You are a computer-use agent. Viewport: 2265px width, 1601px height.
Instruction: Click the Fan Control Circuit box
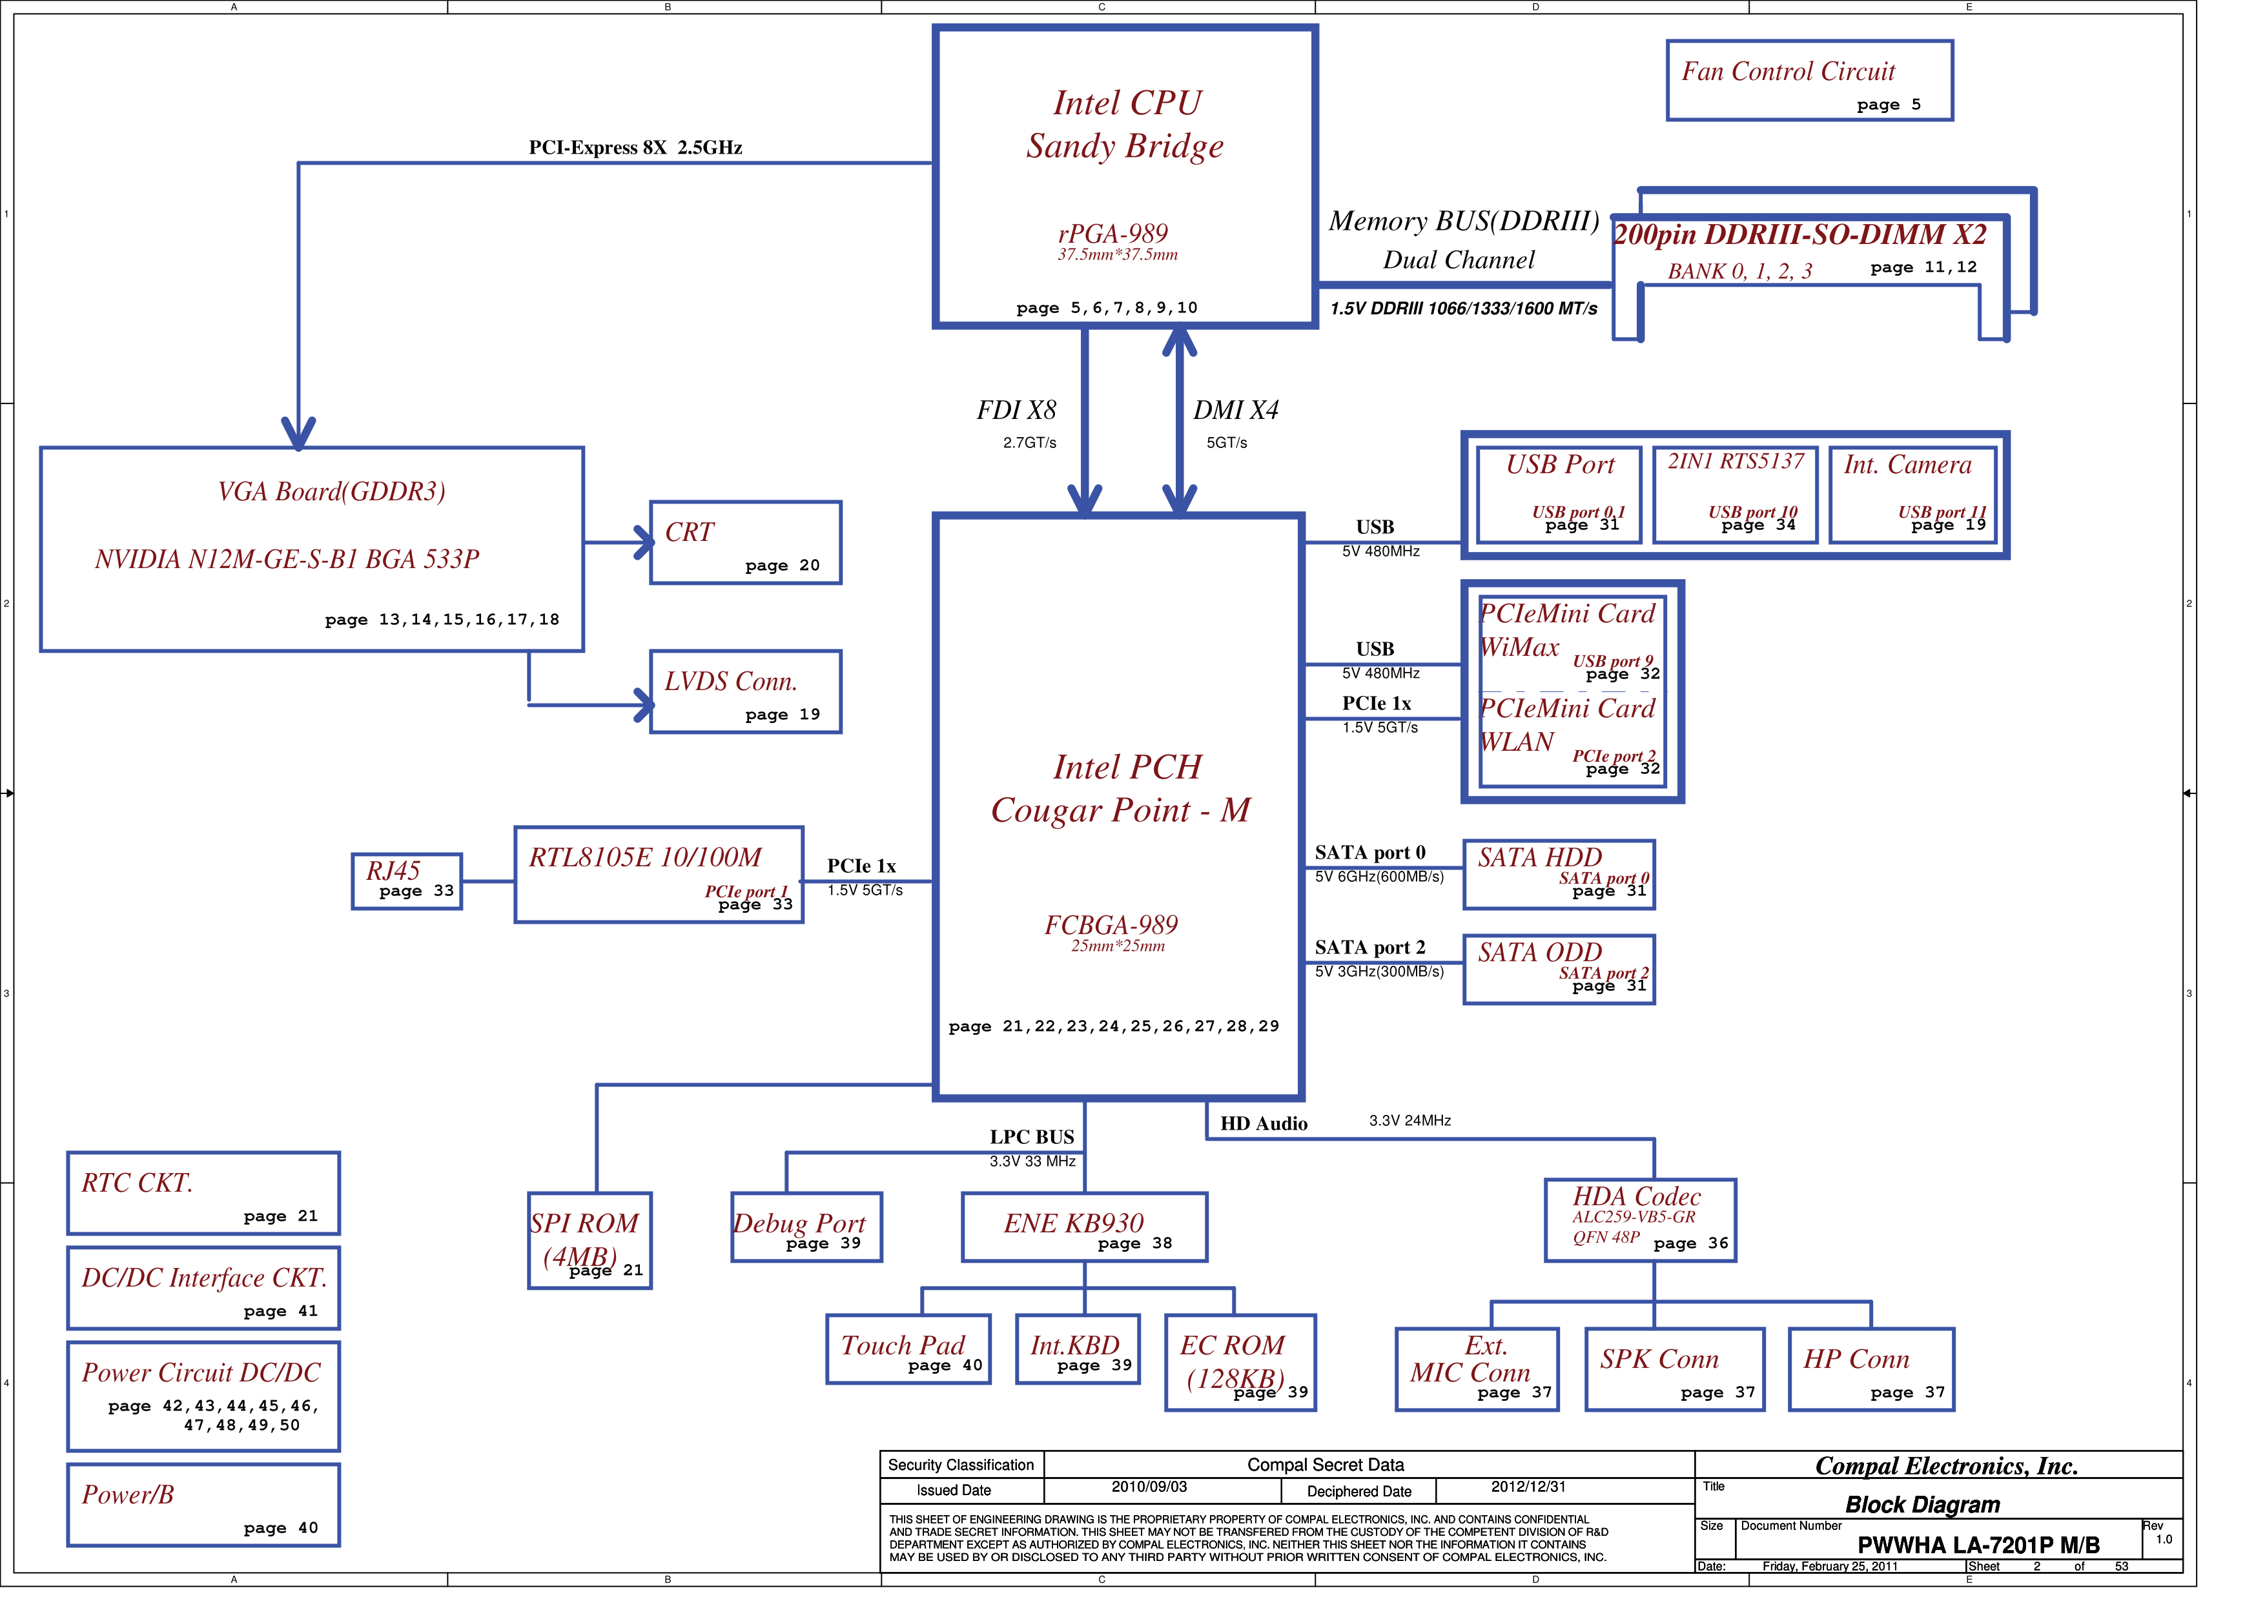pyautogui.click(x=1809, y=81)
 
